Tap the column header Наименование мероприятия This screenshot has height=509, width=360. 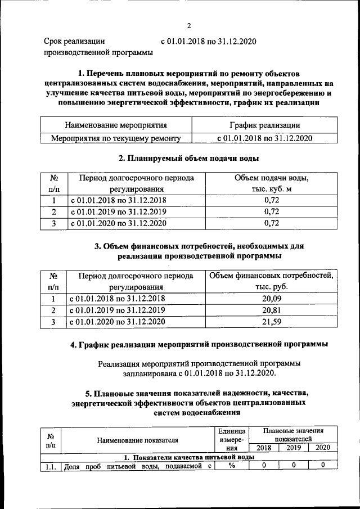[116, 125]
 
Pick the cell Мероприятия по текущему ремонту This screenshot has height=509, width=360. [116, 138]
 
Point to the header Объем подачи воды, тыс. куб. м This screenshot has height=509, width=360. [272, 184]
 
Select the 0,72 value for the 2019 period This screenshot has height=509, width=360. [272, 212]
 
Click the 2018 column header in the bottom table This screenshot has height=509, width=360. [263, 448]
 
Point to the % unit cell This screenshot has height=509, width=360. [231, 465]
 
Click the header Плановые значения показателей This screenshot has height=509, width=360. [293, 434]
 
